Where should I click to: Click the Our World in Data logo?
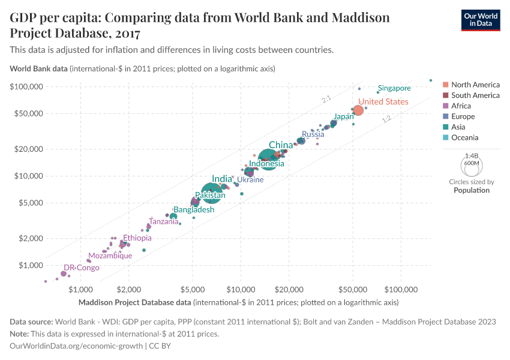pos(480,19)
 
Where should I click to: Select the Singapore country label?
pos(394,88)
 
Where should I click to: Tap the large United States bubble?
pos(358,110)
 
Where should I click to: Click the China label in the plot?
pos(281,145)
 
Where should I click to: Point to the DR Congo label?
pos(82,268)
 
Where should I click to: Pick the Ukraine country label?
pos(250,179)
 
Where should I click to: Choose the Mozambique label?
pos(110,256)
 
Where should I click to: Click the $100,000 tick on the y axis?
pos(26,86)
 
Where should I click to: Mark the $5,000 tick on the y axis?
pos(30,203)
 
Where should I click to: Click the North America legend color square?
pos(445,85)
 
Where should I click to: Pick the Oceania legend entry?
pos(465,137)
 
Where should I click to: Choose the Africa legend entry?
pos(462,106)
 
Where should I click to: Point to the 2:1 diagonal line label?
pos(326,98)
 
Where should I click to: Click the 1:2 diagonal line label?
pos(386,119)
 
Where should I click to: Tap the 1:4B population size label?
pos(472,155)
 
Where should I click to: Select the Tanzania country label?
pos(164,221)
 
